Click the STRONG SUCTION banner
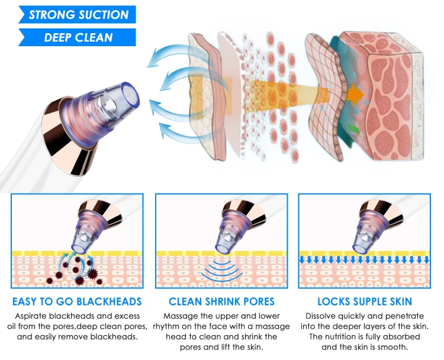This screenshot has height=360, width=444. pos(77,14)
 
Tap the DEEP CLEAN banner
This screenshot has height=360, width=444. pos(77,37)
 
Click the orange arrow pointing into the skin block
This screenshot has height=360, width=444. pos(355,94)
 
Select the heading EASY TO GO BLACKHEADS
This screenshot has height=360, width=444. pos(77,301)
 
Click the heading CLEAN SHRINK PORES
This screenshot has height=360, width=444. pos(221,301)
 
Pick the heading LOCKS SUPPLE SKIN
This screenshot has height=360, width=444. pos(365,301)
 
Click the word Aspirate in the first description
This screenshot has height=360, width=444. pos(31,316)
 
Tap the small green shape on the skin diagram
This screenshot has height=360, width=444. pos(353,129)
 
